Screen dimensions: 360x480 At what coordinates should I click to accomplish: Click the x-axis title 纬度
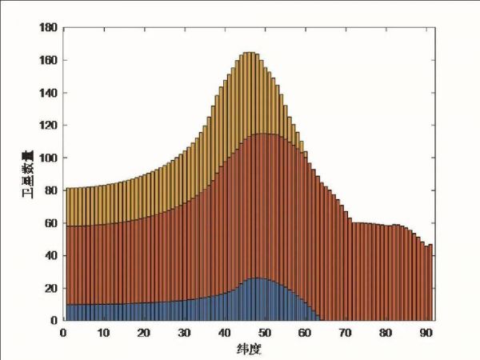249,349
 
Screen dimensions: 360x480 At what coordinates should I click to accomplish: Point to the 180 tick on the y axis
47,28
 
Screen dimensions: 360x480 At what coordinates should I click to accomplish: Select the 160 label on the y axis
47,60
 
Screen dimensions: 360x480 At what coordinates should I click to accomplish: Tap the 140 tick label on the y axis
47,93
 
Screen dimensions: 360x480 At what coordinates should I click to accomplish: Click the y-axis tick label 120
47,126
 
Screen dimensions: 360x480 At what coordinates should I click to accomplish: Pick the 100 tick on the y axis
47,158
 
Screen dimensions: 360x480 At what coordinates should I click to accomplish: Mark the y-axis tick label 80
50,190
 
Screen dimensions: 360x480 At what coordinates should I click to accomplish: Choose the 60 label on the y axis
50,223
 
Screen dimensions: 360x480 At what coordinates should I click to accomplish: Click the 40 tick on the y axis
50,255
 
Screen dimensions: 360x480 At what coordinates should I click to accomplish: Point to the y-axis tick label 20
50,288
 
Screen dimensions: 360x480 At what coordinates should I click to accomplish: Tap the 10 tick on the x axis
103,333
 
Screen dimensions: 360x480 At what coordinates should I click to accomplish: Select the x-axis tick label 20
144,333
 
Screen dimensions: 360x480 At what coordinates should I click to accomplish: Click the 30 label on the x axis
185,333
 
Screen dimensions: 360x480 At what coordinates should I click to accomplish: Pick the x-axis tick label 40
225,333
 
